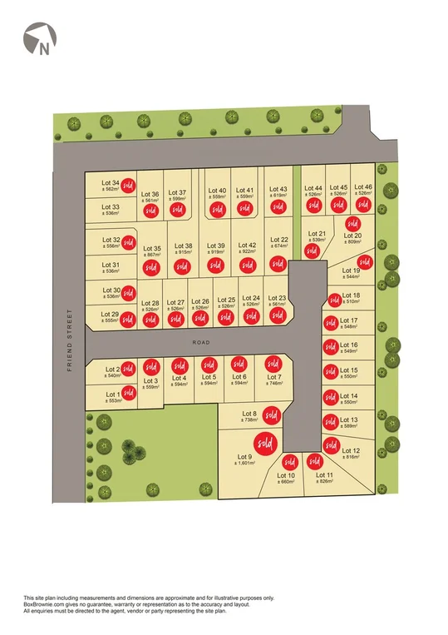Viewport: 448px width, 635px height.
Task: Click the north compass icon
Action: point(39,39)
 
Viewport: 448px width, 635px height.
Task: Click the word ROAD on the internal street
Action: point(197,343)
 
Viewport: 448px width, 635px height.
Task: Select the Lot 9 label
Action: point(244,456)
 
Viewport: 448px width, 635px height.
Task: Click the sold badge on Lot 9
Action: point(264,442)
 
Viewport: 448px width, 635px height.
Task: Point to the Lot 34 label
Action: point(110,182)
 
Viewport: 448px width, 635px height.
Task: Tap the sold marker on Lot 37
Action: point(177,210)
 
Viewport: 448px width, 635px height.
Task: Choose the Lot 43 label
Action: point(278,189)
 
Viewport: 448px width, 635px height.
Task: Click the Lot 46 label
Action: point(362,187)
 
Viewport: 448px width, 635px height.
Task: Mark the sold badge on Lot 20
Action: point(352,223)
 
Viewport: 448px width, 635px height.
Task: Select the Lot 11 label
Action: point(324,474)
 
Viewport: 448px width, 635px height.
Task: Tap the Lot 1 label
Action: point(113,393)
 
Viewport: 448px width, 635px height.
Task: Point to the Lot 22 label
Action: point(279,239)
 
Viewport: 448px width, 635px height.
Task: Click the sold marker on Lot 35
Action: point(150,267)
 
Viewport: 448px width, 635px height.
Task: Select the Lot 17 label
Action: point(349,320)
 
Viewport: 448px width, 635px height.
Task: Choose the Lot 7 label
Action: point(274,377)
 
